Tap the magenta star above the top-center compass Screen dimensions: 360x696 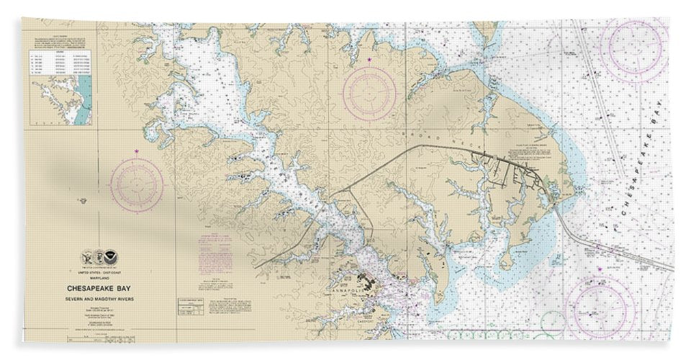pyautogui.click(x=370, y=58)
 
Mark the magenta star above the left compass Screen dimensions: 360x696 pyautogui.click(x=137, y=151)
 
